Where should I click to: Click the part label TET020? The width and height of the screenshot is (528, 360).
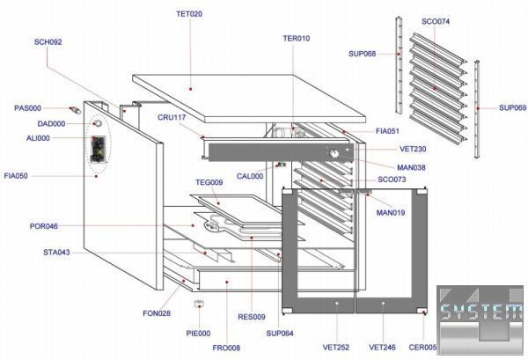(189, 15)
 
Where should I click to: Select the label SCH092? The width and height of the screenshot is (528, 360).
(48, 41)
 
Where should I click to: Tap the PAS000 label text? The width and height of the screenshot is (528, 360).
(28, 108)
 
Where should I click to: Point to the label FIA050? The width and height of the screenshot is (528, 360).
(16, 176)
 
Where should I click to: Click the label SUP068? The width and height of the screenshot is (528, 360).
(363, 55)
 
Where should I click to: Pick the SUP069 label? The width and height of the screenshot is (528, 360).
(512, 107)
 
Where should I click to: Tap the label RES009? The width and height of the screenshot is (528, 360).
(252, 316)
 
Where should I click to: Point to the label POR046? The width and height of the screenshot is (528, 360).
(44, 226)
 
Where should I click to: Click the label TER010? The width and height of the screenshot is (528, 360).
(297, 39)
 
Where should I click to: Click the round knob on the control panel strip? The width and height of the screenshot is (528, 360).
(334, 156)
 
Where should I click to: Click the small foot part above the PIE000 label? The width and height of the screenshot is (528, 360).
(200, 305)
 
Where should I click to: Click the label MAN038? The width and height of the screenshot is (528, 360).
(388, 167)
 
